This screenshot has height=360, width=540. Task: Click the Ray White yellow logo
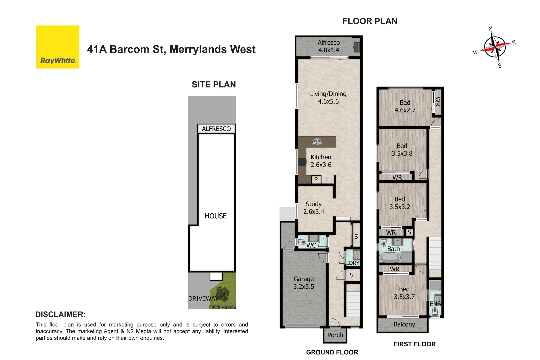pos(58,47)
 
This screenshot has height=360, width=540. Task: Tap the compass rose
pos(495,47)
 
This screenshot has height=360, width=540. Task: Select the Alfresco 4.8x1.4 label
pos(329,46)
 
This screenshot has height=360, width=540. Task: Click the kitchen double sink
pos(317,142)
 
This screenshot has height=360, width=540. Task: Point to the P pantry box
pos(316,180)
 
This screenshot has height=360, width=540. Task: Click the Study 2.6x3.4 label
pos(314,208)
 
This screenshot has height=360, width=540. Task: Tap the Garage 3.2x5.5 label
pos(304,283)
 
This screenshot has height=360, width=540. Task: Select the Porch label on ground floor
pos(335,335)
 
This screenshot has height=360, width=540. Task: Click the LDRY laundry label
pos(353,263)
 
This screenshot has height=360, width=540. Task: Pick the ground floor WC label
pos(311,245)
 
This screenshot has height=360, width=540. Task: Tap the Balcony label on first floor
pos(404,324)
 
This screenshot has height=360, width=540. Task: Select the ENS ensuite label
pos(435,304)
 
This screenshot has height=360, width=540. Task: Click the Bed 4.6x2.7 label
pos(405,106)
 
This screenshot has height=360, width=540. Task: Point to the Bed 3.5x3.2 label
pos(400,203)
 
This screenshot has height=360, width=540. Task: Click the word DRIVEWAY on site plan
pos(203,298)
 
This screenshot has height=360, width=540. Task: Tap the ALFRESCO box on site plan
pos(216,129)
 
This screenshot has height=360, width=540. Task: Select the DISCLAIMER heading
pos(60,314)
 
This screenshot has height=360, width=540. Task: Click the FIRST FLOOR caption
pos(414,344)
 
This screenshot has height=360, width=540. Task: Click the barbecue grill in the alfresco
pos(357,47)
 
